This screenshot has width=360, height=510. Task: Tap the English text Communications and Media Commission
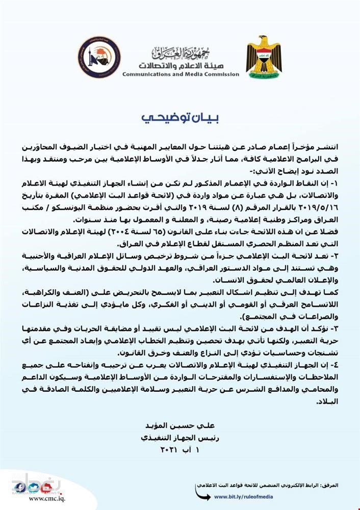[x=181, y=74]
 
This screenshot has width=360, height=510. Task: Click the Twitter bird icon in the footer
[x=33, y=488]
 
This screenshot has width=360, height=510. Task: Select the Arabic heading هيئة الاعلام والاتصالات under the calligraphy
[x=180, y=66]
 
